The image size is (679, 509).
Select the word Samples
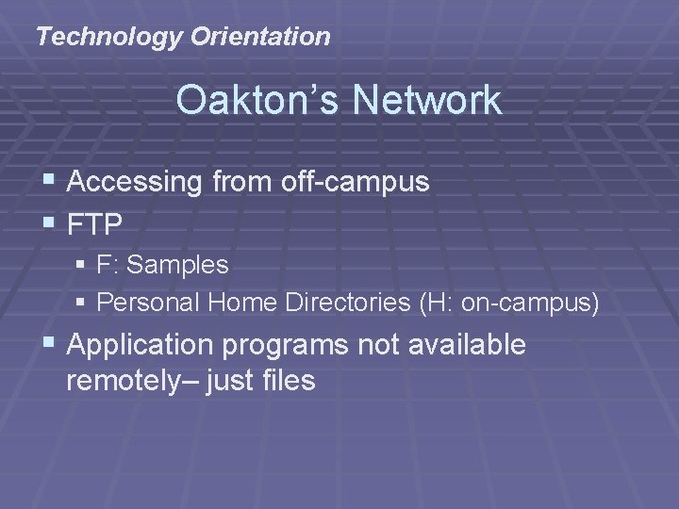177,266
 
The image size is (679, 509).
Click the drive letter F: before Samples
108,266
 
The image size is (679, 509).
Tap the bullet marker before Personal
82,303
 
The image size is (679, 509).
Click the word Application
141,346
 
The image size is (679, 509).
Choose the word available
468,346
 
